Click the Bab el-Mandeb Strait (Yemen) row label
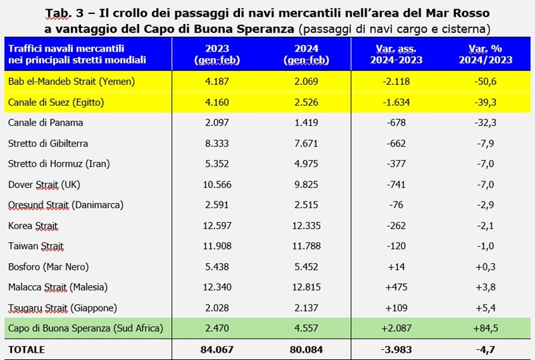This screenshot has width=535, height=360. pos(70,81)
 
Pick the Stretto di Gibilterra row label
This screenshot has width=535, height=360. pos(48,143)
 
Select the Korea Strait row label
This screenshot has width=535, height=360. pos(33,226)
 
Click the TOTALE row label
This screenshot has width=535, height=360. pos(27,349)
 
